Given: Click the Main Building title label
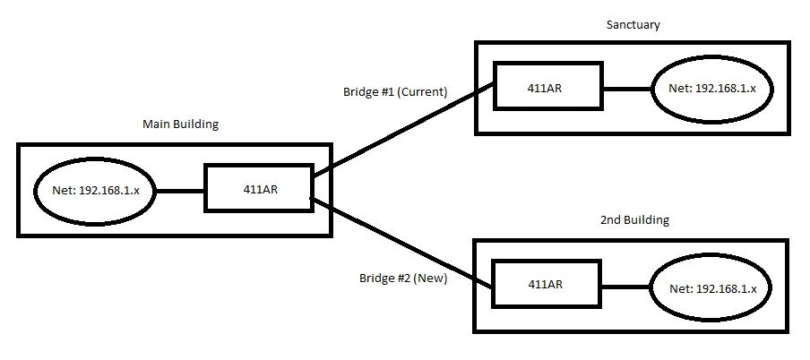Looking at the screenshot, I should [x=180, y=124].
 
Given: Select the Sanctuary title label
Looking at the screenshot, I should [x=633, y=25].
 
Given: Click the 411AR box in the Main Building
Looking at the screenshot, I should [x=258, y=189].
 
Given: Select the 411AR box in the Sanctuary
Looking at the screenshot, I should [x=547, y=88].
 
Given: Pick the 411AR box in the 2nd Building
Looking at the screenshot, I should [x=545, y=285].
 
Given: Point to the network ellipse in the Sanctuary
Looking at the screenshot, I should [x=713, y=90].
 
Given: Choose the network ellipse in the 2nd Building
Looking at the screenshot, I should [x=713, y=288].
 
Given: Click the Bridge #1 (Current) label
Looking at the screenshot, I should [x=394, y=91].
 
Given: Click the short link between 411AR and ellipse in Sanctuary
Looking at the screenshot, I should [x=627, y=90].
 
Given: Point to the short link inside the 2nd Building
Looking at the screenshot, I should [x=626, y=287].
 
